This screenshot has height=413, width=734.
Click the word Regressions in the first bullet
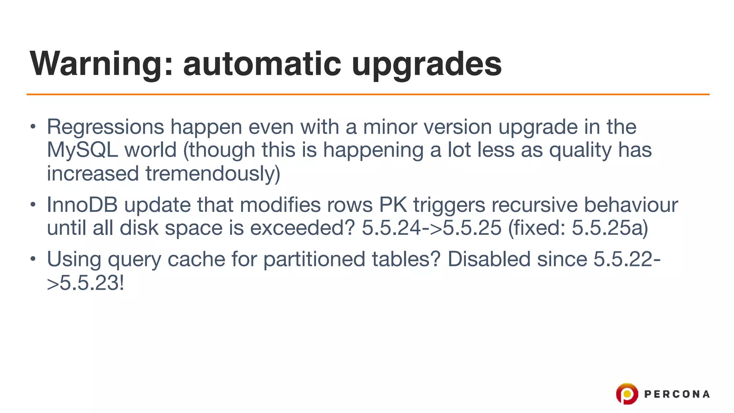[105, 127]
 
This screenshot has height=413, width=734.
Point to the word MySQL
[82, 150]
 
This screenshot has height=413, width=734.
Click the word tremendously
[213, 174]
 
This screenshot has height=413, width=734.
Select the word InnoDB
[82, 205]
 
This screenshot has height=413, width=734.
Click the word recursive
[534, 205]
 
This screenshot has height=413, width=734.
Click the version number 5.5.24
[391, 228]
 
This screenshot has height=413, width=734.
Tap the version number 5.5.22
[623, 259]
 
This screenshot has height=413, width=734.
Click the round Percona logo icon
[627, 394]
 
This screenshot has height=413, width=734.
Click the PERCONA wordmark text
[677, 394]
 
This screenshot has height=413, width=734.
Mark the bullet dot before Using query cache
[33, 258]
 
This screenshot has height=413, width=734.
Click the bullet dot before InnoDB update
[33, 205]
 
